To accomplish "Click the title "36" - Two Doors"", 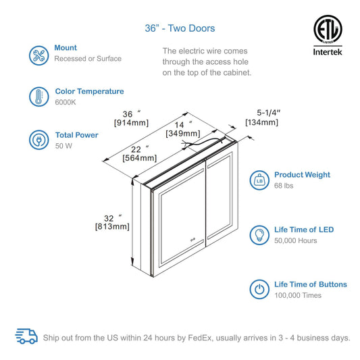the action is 180,28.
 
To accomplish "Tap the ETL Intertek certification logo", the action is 328,35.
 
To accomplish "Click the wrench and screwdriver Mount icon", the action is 38,55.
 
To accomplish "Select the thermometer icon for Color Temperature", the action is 38,97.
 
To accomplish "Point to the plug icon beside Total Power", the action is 38,140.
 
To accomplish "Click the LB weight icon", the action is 259,180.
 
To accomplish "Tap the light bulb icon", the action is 259,235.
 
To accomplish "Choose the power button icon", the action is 259,289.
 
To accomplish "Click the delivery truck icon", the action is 26,336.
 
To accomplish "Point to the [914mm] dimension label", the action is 131,123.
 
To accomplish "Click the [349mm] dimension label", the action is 183,133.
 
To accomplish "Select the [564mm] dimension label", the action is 140,158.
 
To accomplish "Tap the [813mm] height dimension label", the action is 112,227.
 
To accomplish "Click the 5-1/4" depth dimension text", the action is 269,113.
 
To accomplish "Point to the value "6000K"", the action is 66,102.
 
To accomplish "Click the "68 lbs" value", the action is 284,186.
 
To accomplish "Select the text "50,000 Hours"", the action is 296,240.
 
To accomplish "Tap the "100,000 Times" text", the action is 298,295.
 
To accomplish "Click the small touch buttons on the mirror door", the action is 192,240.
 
